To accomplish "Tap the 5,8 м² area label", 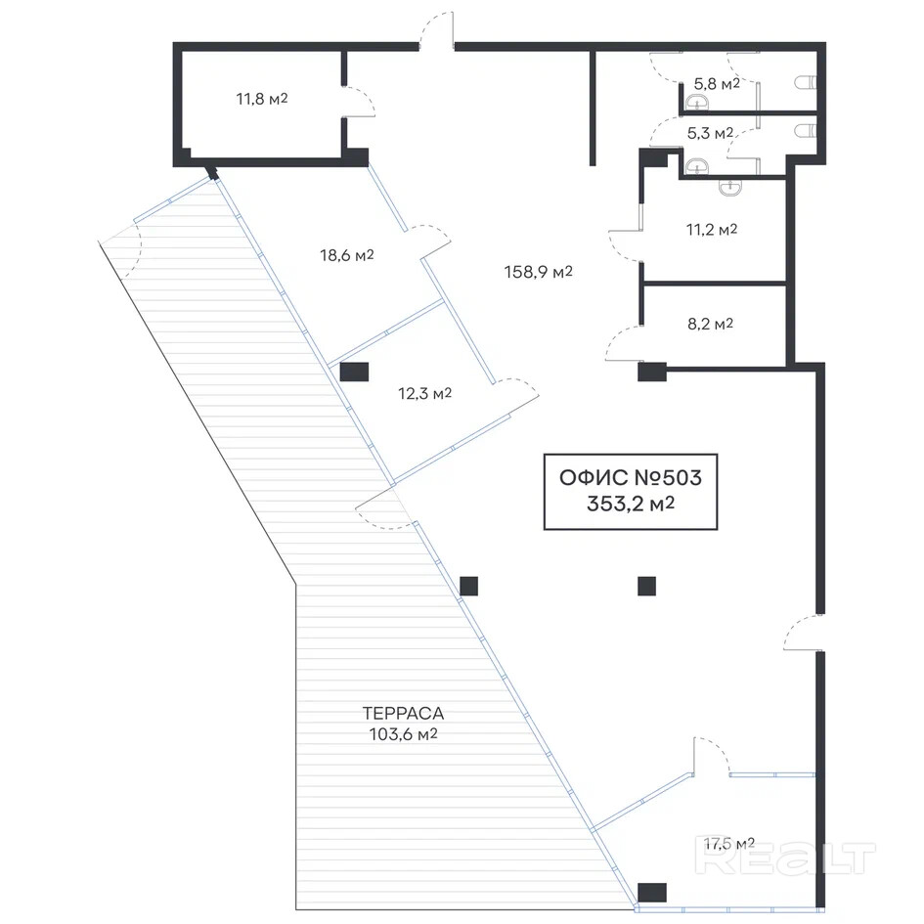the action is (716, 84).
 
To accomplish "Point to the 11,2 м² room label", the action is (711, 230).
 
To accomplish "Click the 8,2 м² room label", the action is (710, 324).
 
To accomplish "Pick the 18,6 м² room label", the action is (347, 255).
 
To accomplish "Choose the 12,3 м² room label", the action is (424, 393).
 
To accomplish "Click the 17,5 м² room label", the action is (728, 843).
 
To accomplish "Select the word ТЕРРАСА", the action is (395, 713).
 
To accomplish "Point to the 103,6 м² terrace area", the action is (395, 734).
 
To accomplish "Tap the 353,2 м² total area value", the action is (624, 505).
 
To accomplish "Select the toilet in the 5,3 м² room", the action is (806, 130).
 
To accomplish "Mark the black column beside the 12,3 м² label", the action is (354, 372).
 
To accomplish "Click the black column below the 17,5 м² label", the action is (651, 892).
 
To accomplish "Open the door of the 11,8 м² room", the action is (359, 102).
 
